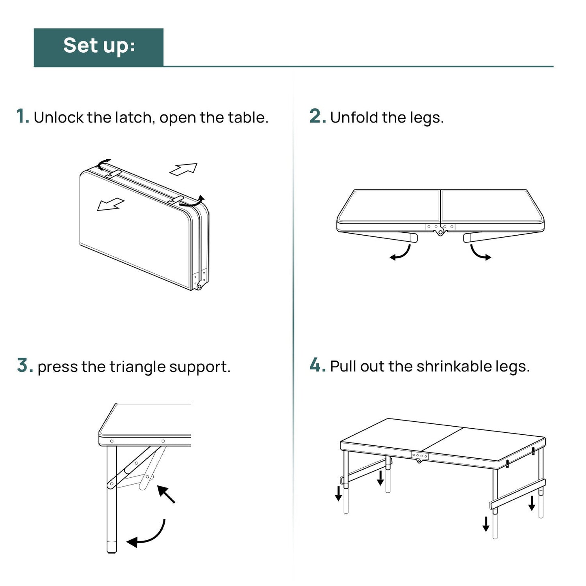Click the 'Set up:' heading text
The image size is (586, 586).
pos(99,45)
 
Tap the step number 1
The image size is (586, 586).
pos(22,116)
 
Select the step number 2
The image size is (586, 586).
pos(317,116)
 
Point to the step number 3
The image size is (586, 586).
pos(25,365)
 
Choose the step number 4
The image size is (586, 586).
pos(318,365)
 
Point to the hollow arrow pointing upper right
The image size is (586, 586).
pos(184,169)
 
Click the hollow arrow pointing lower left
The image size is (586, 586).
pos(110,204)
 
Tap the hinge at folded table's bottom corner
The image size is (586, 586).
pos(199,286)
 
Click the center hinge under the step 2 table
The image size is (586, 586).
pos(440,233)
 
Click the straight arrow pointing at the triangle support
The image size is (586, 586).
pos(166,494)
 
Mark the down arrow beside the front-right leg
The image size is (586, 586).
pos(486,524)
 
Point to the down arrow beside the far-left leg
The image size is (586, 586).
pos(338,493)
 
